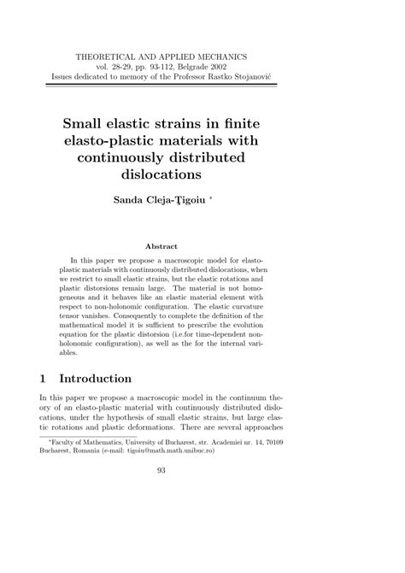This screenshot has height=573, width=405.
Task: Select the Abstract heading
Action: tap(202, 245)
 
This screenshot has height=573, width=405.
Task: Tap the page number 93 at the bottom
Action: tap(202, 515)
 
